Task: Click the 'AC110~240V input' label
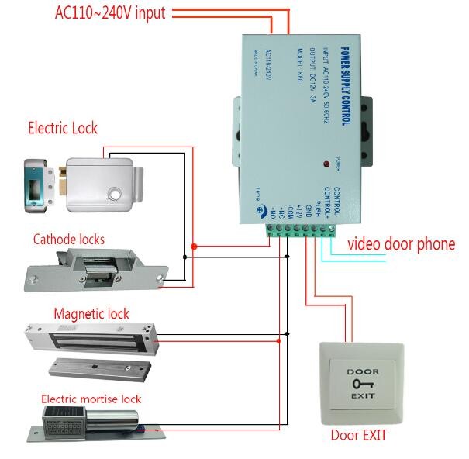(x=110, y=13)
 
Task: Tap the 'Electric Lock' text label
(x=63, y=128)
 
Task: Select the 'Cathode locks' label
(x=68, y=239)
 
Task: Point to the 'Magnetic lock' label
(x=91, y=314)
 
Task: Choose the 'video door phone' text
(x=401, y=244)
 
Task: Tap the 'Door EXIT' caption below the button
(x=358, y=435)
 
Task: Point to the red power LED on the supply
(x=323, y=165)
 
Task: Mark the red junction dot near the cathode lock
(x=195, y=247)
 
